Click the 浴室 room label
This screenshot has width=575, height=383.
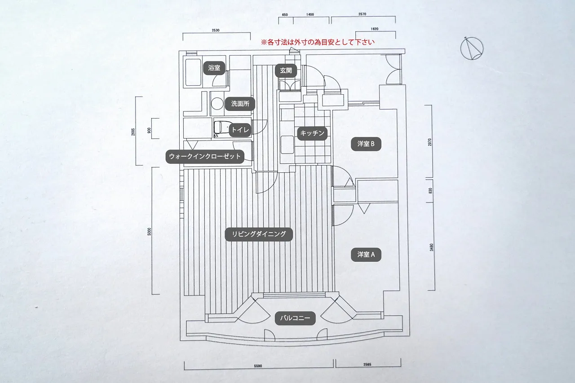(214, 68)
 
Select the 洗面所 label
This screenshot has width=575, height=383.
(240, 104)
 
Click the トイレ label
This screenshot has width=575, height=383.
(240, 130)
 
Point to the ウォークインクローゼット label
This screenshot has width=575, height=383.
(205, 157)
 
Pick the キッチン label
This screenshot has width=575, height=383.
(312, 133)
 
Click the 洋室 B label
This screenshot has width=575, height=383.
(369, 144)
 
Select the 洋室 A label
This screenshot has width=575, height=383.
(369, 255)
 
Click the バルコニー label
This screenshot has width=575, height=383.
(295, 318)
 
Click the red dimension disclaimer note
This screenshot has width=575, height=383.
(318, 42)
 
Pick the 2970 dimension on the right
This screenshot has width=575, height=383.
(430, 142)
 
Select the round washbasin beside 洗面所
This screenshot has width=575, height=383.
(217, 104)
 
